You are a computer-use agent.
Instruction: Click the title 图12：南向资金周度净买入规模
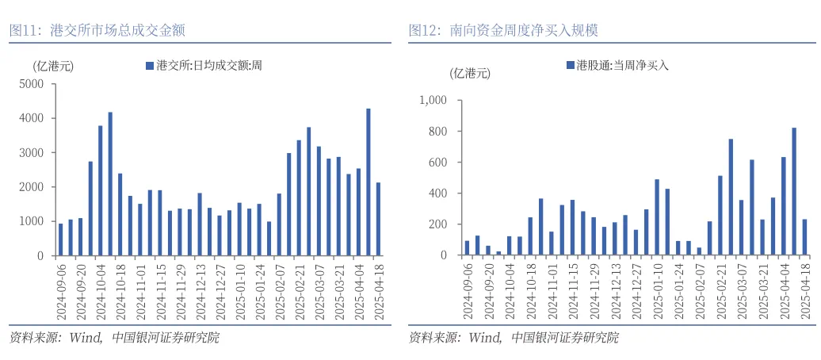tap(503, 30)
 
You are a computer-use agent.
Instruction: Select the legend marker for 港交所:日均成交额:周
tap(149, 66)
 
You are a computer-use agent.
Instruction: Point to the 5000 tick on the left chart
tap(32, 84)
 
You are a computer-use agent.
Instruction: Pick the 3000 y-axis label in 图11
tap(32, 153)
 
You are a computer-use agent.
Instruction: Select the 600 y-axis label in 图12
tap(437, 163)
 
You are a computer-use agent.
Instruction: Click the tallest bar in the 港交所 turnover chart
tap(368, 182)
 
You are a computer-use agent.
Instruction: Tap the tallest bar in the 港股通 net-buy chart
tap(794, 191)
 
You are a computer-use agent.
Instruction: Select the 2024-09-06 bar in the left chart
tap(61, 239)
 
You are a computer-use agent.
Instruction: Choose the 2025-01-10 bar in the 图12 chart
tap(657, 217)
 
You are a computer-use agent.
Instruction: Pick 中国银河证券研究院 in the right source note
tap(565, 339)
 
